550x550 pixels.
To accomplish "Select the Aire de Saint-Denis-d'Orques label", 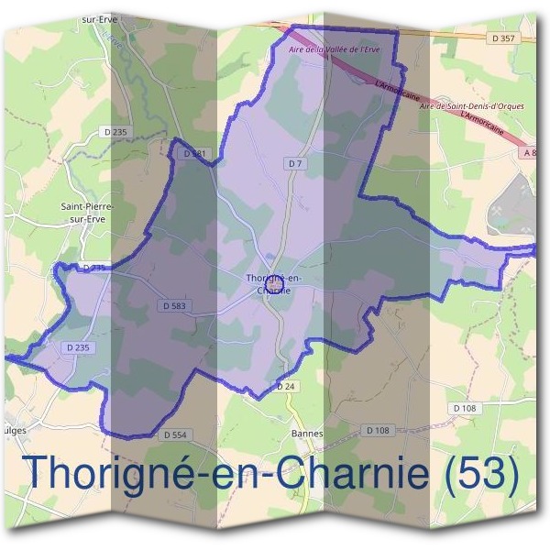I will tap(471, 106).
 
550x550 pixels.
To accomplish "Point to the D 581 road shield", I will tap(194, 154).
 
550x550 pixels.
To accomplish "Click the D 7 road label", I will tap(294, 163).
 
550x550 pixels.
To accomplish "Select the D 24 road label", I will tap(286, 386).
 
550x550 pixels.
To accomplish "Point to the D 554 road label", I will tap(174, 434).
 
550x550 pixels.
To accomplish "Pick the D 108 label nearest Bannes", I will tap(377, 430).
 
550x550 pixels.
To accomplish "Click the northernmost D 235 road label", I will tap(116, 133).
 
